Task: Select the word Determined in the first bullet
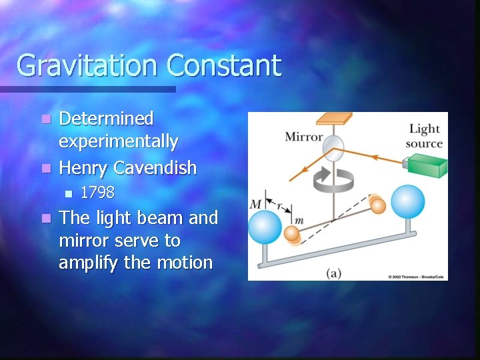(x=107, y=119)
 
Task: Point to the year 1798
(x=97, y=193)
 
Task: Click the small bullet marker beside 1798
(x=67, y=194)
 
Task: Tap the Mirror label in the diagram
(x=303, y=137)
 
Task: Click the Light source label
(x=425, y=135)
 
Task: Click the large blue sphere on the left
(x=265, y=227)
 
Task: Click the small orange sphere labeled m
(x=292, y=233)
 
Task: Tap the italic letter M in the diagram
(x=256, y=203)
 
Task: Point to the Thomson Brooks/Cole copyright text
(x=417, y=276)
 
